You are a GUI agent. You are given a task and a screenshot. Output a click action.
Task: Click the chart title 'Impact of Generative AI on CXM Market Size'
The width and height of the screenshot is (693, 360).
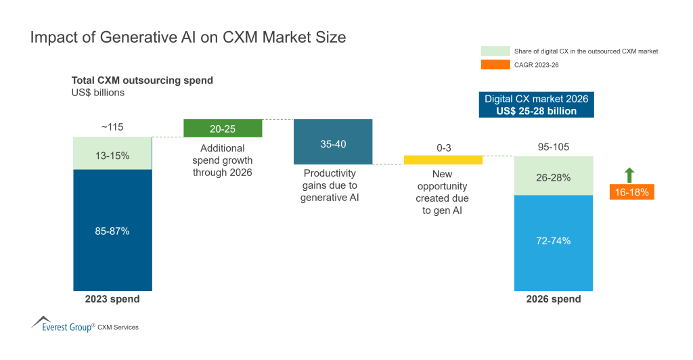[188, 38]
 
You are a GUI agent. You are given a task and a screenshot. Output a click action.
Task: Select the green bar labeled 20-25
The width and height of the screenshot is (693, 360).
[223, 129]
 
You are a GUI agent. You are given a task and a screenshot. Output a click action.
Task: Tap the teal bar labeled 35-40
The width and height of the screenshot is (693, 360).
[333, 141]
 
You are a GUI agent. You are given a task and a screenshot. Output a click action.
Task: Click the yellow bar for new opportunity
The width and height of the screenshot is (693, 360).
[443, 160]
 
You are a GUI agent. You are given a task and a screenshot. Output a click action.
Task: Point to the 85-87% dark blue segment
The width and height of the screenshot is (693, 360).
[112, 230]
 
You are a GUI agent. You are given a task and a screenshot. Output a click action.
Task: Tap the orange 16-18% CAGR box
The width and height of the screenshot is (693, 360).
[631, 192]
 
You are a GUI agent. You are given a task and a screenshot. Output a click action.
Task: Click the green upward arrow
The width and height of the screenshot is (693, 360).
[629, 175]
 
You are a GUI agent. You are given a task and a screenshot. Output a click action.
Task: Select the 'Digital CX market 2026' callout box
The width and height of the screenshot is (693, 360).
[536, 105]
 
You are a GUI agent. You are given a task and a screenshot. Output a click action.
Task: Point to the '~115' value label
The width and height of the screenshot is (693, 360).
[112, 127]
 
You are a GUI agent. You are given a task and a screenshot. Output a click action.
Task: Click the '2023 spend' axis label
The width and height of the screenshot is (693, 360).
[112, 299]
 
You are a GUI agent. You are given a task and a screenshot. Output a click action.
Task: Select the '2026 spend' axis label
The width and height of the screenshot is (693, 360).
[553, 299]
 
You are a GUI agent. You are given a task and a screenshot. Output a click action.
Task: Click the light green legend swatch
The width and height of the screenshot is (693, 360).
[495, 51]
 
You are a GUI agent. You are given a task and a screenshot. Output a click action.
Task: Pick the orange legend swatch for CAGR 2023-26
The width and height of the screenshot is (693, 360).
[495, 64]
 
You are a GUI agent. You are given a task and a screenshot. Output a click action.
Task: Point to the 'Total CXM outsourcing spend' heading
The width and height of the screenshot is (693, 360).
[142, 81]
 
